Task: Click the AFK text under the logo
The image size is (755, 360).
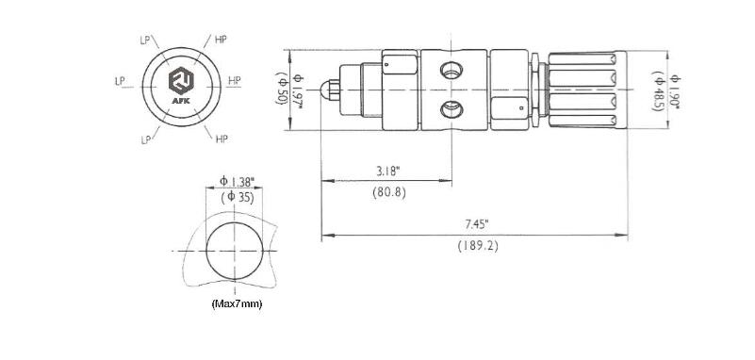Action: tap(181, 101)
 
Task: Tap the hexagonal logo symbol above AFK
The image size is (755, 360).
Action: tap(181, 81)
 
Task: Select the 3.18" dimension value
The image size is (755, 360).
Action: tap(388, 171)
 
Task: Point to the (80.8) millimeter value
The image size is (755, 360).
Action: tap(389, 192)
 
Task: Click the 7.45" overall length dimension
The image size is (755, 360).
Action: tap(477, 223)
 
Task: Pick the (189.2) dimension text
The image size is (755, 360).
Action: tap(478, 246)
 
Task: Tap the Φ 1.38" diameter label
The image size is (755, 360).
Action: tap(237, 182)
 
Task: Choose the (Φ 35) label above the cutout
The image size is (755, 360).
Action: tap(238, 197)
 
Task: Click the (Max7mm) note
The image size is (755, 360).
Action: tap(237, 304)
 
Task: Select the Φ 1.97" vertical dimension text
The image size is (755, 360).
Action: tap(298, 90)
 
